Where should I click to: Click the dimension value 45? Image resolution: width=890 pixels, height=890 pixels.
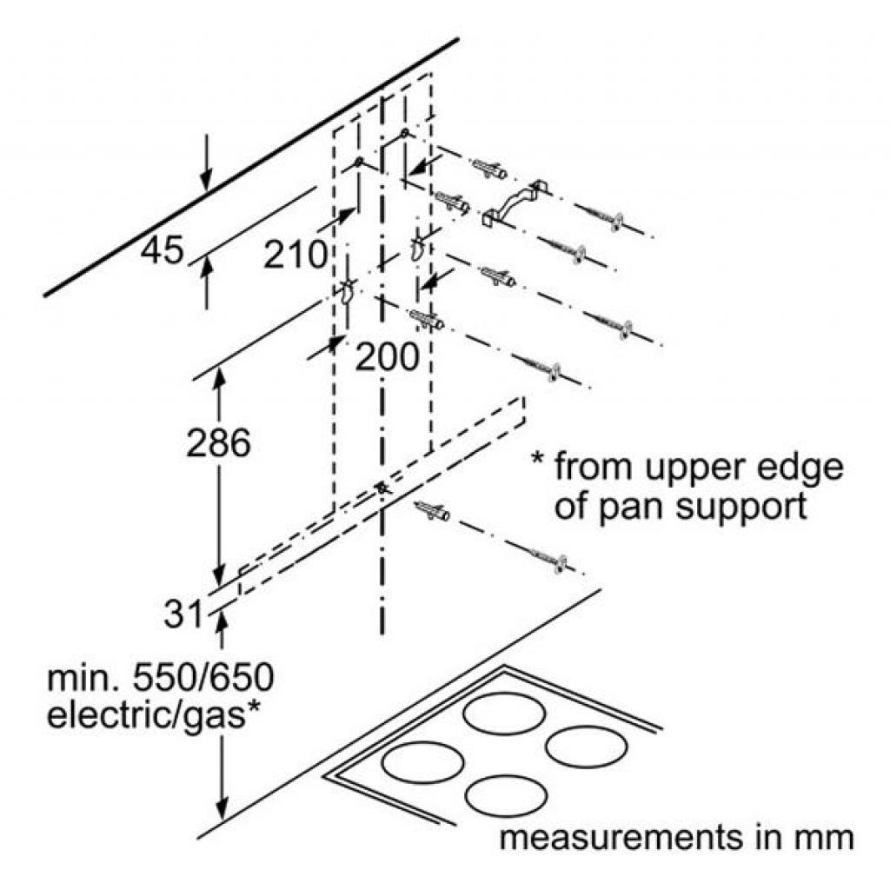coord(163,251)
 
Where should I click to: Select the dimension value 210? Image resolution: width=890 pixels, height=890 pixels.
coord(296,255)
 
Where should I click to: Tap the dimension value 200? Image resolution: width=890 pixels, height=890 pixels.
coord(388,355)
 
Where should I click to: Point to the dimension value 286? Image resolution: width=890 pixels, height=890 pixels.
coord(218,443)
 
